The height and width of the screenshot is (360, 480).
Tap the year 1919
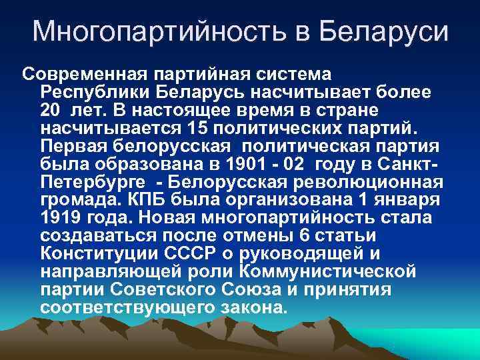point(61,217)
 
